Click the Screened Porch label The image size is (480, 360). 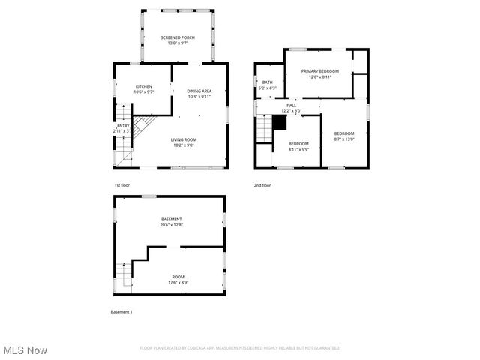(x=178, y=40)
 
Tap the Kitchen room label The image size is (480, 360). (x=143, y=89)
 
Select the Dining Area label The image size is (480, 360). (x=199, y=94)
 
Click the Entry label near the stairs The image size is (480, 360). (x=123, y=128)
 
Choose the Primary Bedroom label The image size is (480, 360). (x=320, y=73)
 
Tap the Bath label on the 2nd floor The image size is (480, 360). (x=268, y=85)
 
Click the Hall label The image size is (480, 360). (x=291, y=107)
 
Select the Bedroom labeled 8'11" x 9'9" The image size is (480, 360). (x=298, y=146)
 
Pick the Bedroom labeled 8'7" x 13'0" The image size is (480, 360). (x=344, y=136)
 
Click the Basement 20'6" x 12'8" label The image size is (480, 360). (x=171, y=222)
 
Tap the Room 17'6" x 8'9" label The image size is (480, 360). (x=178, y=279)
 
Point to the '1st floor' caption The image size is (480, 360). (x=122, y=185)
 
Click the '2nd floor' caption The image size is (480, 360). (x=262, y=185)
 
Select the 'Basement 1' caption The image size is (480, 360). (x=121, y=311)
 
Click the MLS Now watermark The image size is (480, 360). (x=25, y=350)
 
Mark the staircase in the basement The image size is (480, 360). (x=124, y=275)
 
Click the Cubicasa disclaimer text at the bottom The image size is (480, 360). (x=240, y=348)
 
